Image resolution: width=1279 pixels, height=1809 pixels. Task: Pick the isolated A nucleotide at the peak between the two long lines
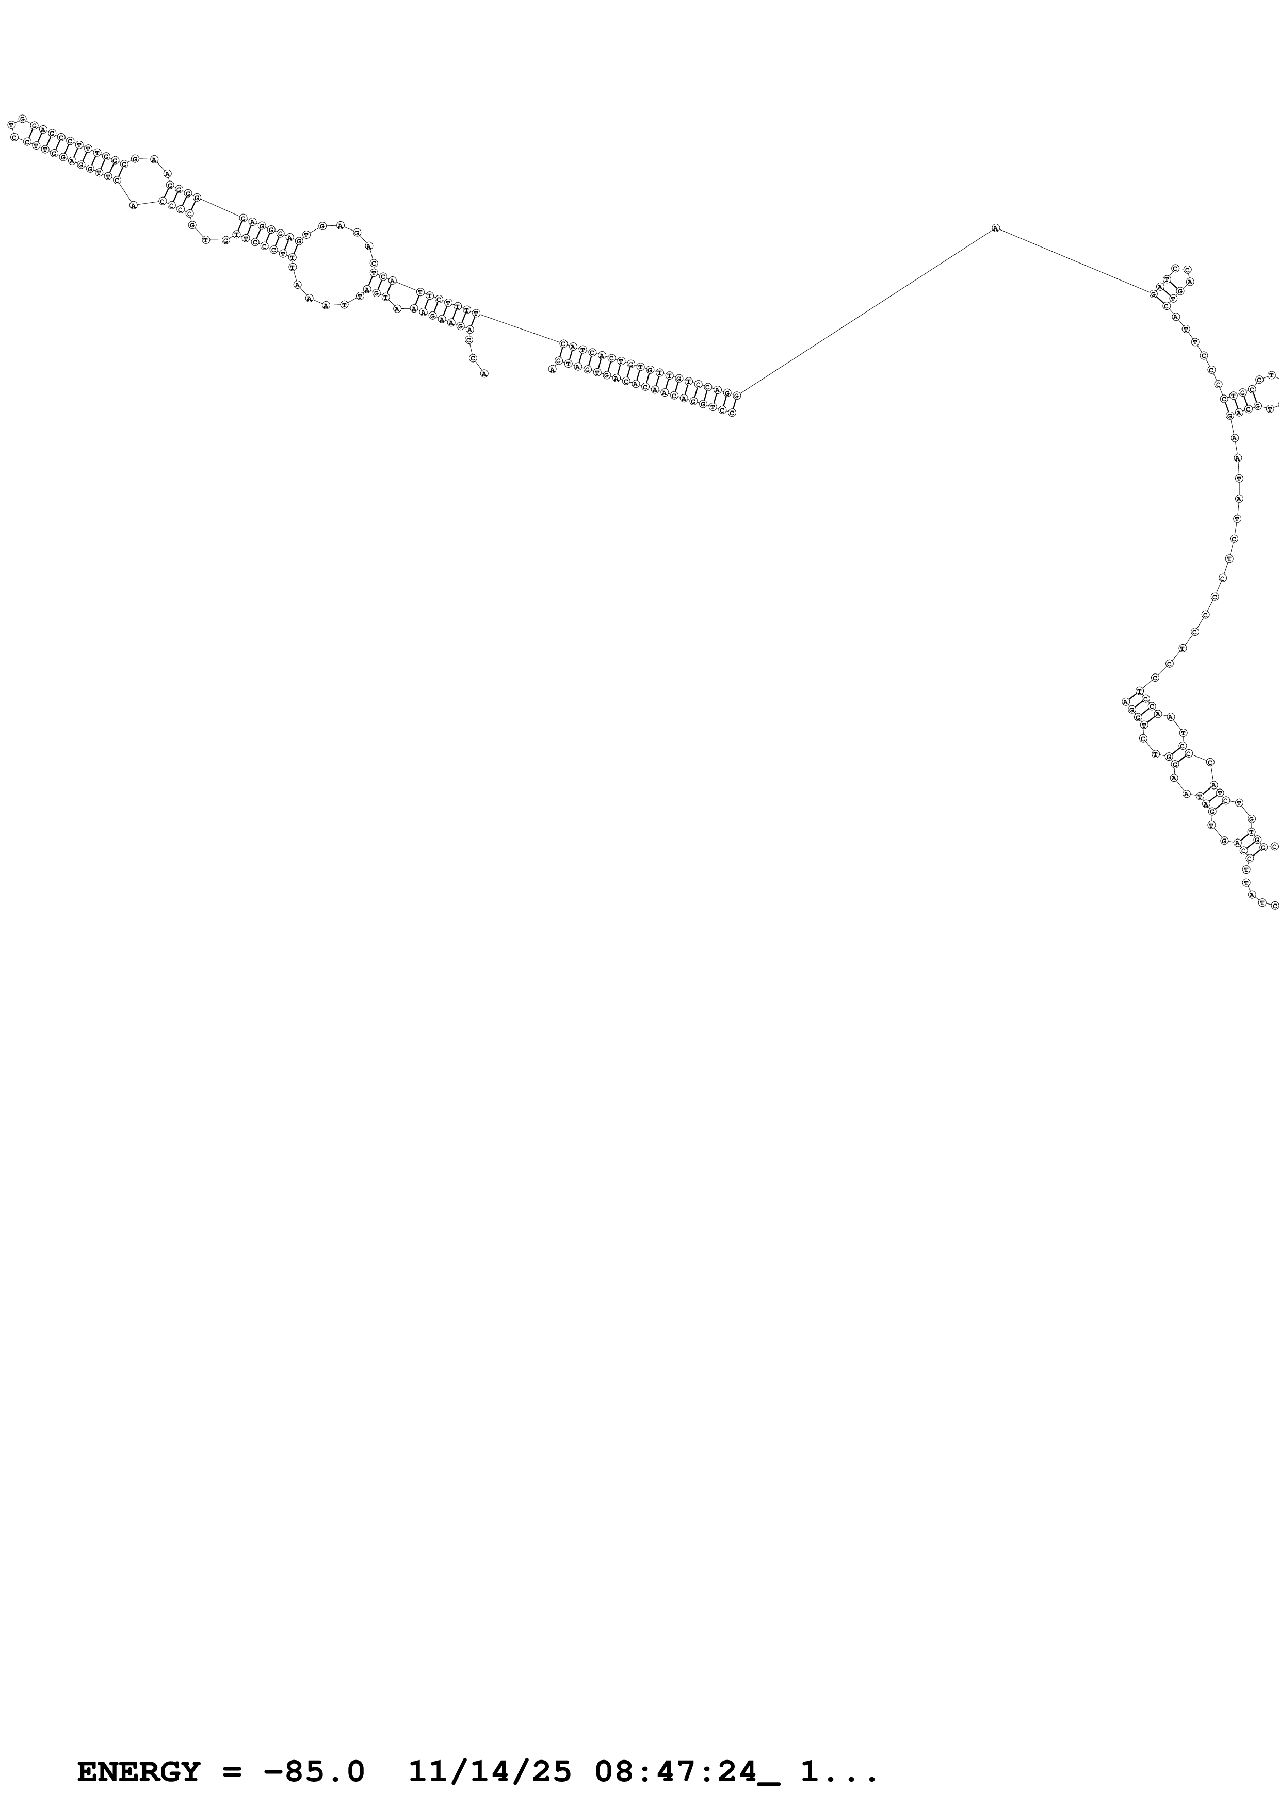click(995, 228)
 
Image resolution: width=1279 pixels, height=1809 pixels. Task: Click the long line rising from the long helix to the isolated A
click(867, 311)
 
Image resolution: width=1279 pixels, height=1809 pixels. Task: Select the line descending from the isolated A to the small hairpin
click(1076, 261)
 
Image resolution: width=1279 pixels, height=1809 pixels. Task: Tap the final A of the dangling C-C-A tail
click(484, 373)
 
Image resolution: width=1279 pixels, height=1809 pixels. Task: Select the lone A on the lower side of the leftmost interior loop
click(133, 206)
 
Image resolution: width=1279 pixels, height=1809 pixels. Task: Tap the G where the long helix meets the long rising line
click(737, 396)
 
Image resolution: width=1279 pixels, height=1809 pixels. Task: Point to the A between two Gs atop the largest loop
click(341, 226)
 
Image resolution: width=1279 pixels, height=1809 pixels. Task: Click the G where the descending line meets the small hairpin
click(1154, 294)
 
